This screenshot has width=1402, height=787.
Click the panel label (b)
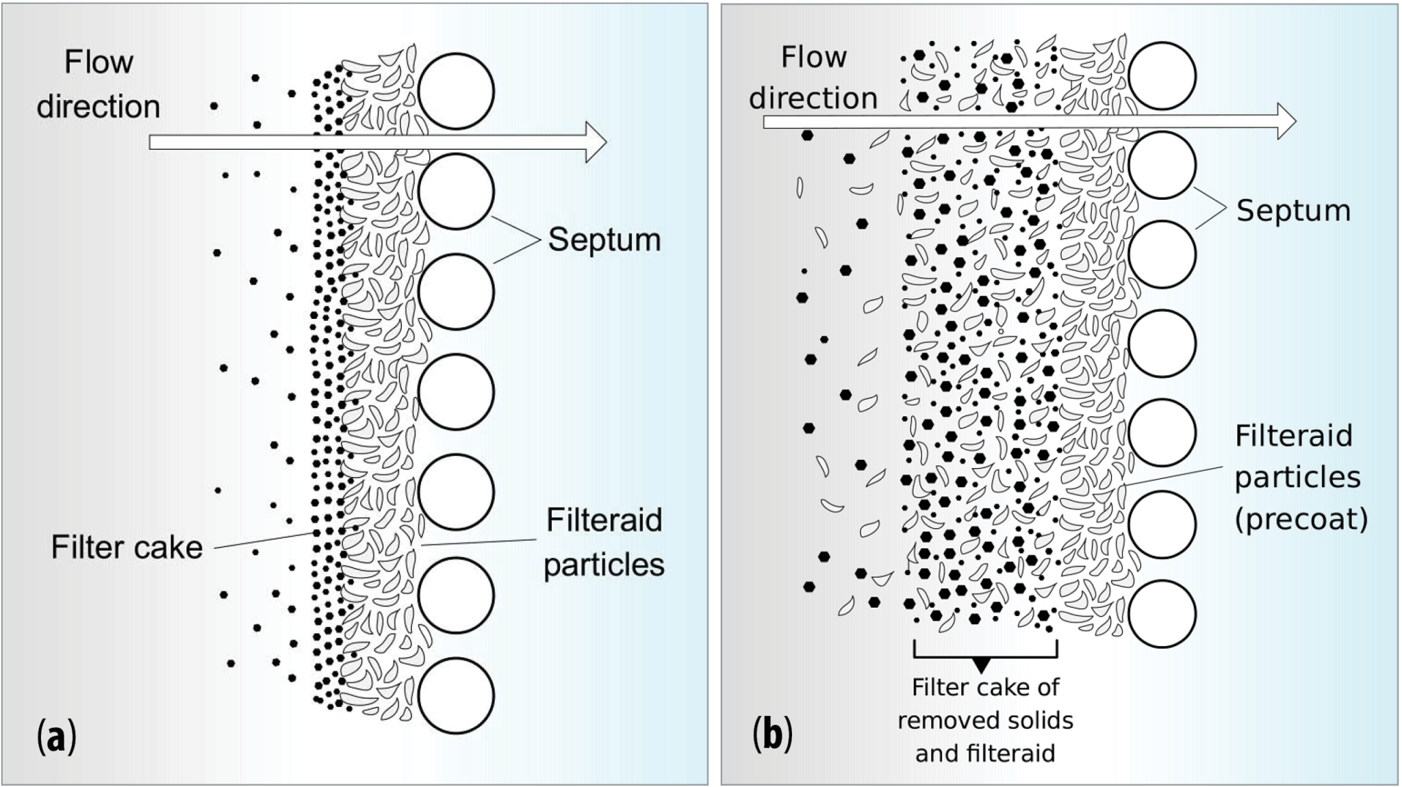[x=772, y=735]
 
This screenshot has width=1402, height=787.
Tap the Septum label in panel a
[x=604, y=240]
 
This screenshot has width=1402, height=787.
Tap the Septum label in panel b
[x=1293, y=211]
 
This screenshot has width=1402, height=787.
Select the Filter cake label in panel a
[x=127, y=547]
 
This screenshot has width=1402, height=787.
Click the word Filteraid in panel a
[x=604, y=521]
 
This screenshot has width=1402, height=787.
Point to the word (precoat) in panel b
[x=1301, y=519]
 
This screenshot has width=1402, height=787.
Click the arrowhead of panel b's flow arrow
[x=1286, y=122]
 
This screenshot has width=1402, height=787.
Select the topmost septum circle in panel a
[x=456, y=92]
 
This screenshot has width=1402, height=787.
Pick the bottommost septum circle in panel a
[x=456, y=695]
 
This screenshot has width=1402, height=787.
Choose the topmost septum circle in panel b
[x=1162, y=76]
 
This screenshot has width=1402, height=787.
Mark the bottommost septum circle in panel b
[x=1162, y=614]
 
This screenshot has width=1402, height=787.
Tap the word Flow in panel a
[x=99, y=63]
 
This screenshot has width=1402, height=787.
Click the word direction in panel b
[x=813, y=99]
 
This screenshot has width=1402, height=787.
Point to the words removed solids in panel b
[x=985, y=720]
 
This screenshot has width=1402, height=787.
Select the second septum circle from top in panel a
[x=456, y=192]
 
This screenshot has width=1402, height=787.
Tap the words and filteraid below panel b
[x=985, y=753]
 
